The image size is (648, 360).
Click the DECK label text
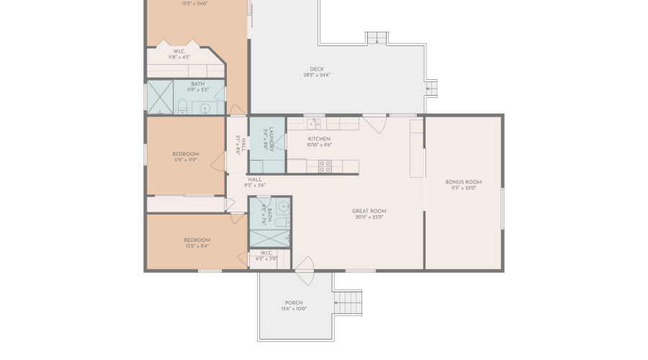(317, 70)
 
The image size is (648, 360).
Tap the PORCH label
(294, 303)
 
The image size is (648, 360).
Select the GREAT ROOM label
(369, 212)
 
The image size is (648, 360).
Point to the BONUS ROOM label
(464, 182)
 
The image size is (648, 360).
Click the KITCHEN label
(319, 139)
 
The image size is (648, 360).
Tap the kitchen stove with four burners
(325, 166)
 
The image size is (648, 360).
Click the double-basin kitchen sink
(314, 124)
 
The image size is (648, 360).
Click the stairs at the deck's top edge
(376, 38)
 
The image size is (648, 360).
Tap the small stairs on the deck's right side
(431, 89)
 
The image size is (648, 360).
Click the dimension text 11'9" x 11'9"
(186, 160)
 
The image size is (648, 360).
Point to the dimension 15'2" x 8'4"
(197, 246)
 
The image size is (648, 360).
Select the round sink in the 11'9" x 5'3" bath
(205, 109)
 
